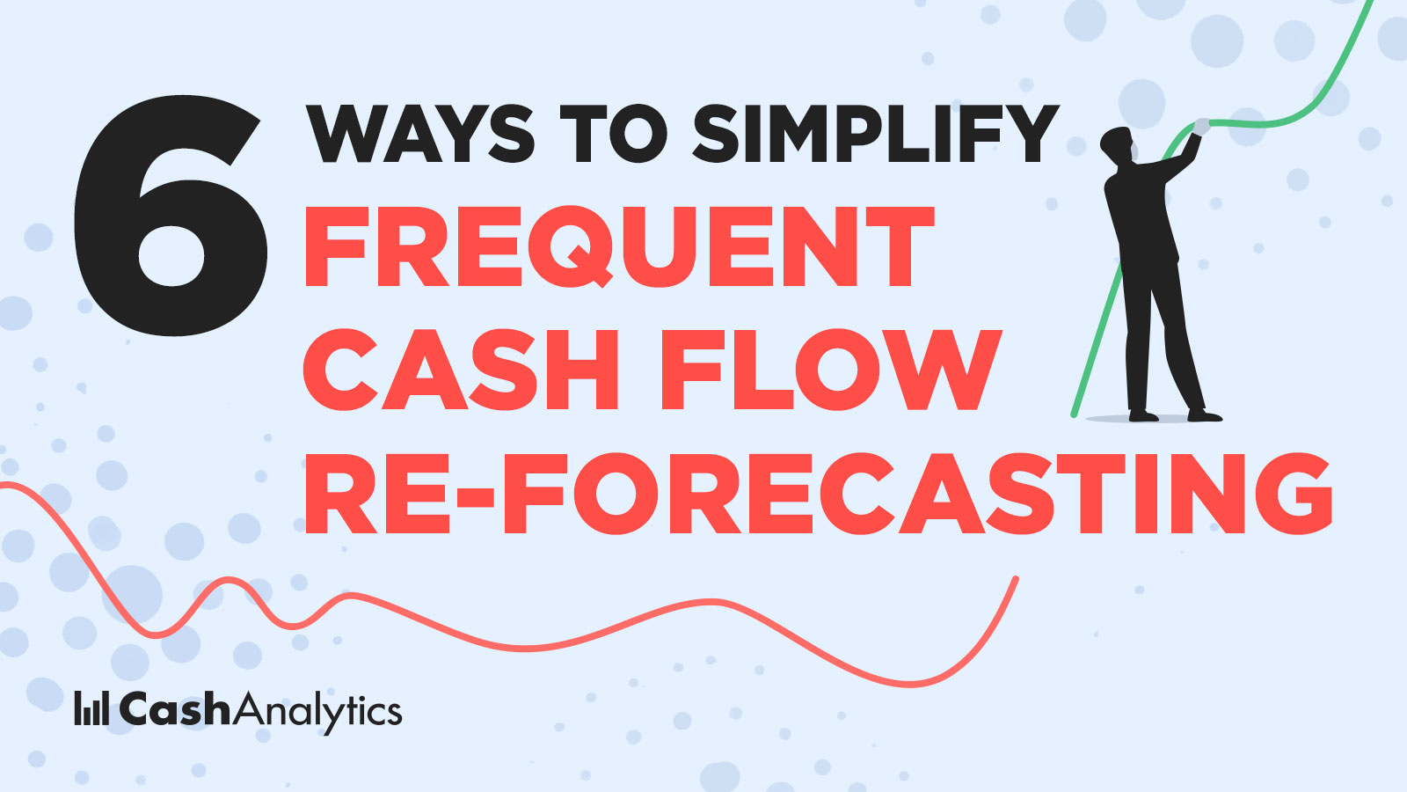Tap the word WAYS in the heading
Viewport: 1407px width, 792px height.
[x=420, y=134]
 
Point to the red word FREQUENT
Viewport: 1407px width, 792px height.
[x=619, y=246]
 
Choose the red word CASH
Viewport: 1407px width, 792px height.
[x=461, y=370]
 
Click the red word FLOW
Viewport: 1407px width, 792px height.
[x=830, y=370]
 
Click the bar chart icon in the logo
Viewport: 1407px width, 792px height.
[x=91, y=708]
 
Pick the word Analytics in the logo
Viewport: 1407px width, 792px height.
[x=320, y=712]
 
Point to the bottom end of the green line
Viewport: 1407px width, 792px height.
[x=1074, y=414]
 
